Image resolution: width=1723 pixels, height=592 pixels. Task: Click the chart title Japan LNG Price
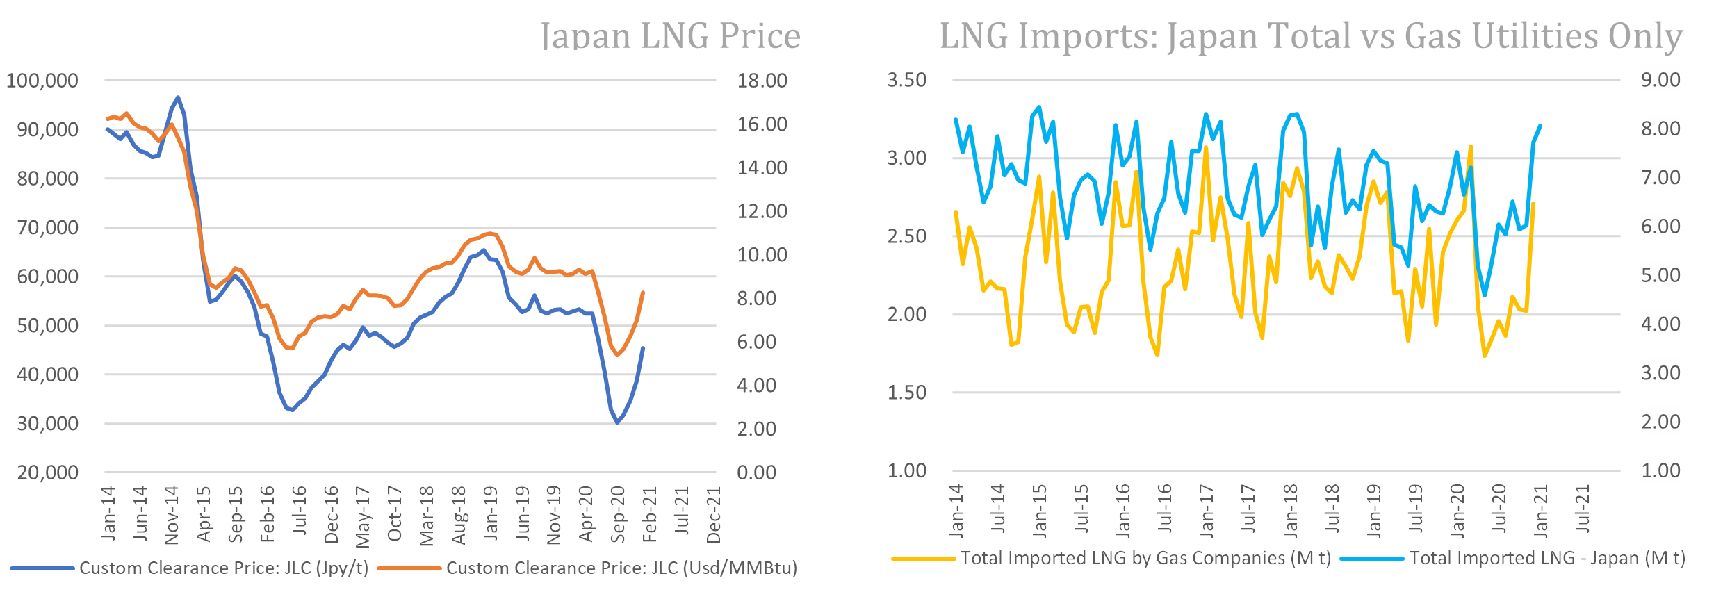pyautogui.click(x=670, y=36)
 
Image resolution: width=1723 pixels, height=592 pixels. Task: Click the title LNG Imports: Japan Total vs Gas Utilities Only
pyautogui.click(x=1311, y=36)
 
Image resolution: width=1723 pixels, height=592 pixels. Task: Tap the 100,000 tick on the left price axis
pyautogui.click(x=42, y=81)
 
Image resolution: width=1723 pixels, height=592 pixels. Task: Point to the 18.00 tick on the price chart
pyautogui.click(x=762, y=81)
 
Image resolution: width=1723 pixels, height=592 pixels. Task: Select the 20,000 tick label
pyautogui.click(x=47, y=472)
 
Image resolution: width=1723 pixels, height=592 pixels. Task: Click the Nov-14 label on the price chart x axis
pyautogui.click(x=172, y=515)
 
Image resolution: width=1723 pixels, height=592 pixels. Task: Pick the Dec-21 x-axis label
pyautogui.click(x=714, y=515)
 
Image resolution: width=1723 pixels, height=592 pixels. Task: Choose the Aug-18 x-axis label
pyautogui.click(x=459, y=515)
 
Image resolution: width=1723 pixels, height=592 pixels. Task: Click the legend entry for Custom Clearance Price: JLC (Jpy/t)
pyautogui.click(x=223, y=568)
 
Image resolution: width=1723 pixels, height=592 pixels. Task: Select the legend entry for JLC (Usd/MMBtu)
pyautogui.click(x=621, y=568)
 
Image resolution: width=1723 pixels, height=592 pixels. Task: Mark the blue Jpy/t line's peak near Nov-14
pyautogui.click(x=178, y=97)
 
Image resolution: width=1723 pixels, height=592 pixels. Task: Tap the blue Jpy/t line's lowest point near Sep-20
pyautogui.click(x=617, y=422)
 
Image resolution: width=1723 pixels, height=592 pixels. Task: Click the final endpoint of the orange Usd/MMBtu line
pyautogui.click(x=643, y=293)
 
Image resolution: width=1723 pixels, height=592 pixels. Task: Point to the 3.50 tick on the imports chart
pyautogui.click(x=907, y=80)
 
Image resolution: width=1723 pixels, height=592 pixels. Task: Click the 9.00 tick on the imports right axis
pyautogui.click(x=1660, y=80)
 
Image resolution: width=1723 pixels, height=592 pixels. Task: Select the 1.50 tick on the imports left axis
pyautogui.click(x=907, y=393)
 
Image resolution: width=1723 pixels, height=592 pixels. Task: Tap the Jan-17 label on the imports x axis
pyautogui.click(x=1207, y=511)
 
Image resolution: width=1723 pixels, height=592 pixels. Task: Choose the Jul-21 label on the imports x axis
pyautogui.click(x=1583, y=509)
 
